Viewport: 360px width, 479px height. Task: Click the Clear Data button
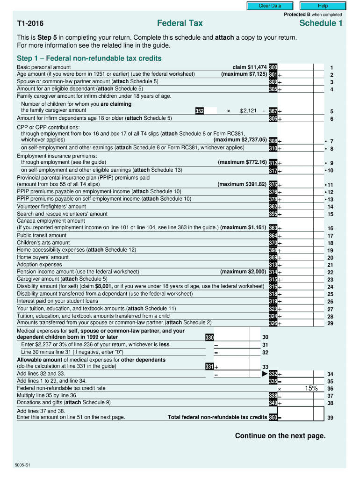coord(270,6)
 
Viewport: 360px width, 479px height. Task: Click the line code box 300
coord(273,67)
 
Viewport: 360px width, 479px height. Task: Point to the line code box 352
coord(200,111)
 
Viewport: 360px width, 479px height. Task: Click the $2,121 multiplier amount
coord(248,111)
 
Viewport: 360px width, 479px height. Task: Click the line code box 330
coord(209,337)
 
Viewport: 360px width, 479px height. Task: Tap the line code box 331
coord(209,367)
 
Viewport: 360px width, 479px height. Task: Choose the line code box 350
coord(273,418)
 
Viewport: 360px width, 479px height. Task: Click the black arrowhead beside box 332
coord(265,374)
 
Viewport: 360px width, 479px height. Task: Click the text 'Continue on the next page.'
coord(280,436)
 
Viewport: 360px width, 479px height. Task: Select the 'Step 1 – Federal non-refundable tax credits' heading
coord(89,58)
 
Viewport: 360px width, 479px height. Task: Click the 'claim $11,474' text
coord(250,67)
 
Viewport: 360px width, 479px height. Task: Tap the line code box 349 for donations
coord(273,403)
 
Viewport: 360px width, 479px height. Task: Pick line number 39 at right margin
coord(331,418)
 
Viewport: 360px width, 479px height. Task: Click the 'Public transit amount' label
coord(42,235)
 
